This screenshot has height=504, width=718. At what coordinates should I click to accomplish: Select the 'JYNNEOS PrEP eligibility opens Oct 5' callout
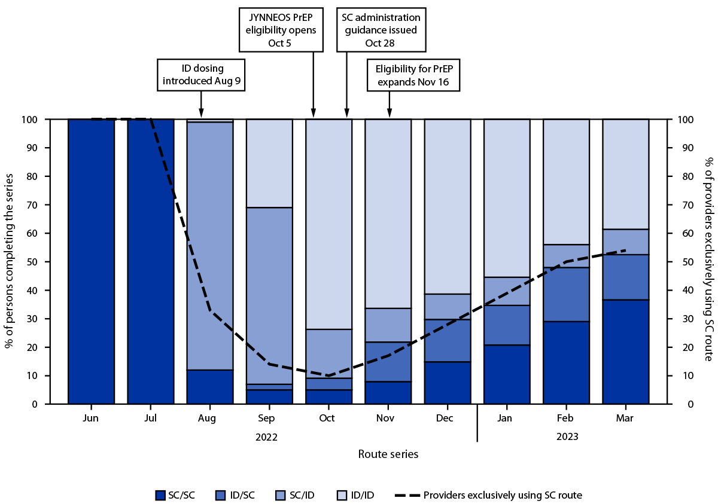point(281,29)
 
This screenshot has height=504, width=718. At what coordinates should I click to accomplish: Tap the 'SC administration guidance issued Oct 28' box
point(381,29)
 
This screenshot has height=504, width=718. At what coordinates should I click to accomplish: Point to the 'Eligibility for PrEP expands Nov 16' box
point(413,75)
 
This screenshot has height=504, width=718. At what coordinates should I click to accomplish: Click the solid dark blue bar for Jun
point(91,261)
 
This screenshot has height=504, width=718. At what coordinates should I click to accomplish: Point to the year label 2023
point(567,437)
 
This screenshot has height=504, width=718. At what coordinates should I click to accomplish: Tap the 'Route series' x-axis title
point(388,454)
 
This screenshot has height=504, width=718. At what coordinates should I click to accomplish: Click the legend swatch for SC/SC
point(160,494)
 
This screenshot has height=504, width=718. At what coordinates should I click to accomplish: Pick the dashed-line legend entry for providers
point(488,494)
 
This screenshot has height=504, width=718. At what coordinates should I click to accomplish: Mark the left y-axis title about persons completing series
point(10,261)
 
